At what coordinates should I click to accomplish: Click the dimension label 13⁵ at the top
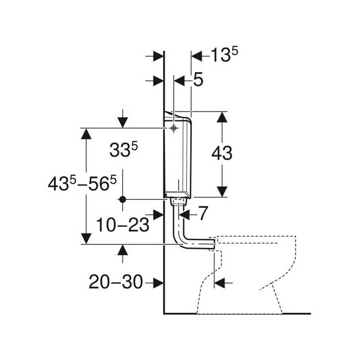(224, 55)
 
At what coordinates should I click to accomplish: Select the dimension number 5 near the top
(198, 80)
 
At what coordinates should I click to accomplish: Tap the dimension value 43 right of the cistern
(222, 153)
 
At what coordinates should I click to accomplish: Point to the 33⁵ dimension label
(124, 150)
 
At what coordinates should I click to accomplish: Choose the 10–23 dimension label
(123, 225)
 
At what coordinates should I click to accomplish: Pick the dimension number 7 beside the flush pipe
(203, 213)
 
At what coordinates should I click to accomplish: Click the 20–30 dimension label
(116, 282)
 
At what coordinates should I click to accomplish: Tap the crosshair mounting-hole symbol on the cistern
(174, 128)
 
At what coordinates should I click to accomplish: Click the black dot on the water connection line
(123, 199)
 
